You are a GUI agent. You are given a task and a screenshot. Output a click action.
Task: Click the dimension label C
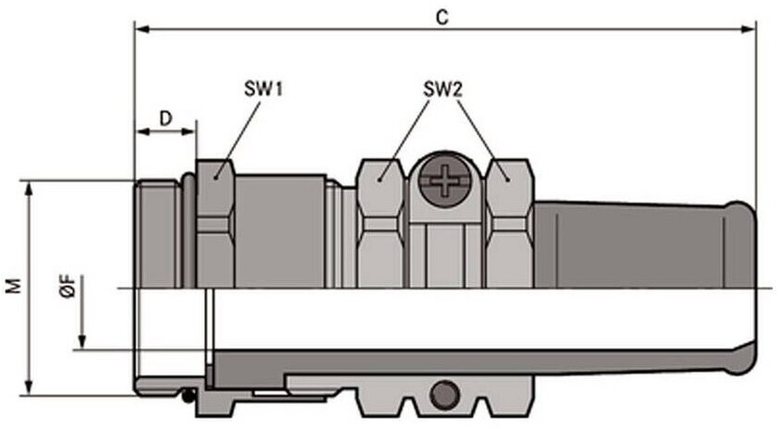tap(442, 18)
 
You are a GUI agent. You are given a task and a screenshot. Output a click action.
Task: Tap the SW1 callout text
tap(263, 90)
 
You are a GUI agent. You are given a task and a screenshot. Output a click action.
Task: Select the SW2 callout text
tap(443, 90)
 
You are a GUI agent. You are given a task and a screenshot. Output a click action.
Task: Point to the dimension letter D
tap(165, 118)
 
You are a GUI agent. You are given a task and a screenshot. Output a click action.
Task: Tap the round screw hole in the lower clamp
tap(444, 394)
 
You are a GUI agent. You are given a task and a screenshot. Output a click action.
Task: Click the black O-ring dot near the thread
tap(188, 396)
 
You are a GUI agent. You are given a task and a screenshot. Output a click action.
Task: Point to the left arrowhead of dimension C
tap(143, 30)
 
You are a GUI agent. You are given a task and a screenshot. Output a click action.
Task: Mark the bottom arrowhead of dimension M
tap(30, 388)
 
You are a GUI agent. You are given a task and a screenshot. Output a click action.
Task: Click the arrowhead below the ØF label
tap(82, 341)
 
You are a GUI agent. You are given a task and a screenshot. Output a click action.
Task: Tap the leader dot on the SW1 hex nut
tap(216, 177)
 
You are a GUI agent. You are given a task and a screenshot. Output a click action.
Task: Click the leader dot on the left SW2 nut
tap(379, 179)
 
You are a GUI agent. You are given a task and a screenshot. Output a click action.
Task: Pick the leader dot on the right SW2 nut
tap(507, 179)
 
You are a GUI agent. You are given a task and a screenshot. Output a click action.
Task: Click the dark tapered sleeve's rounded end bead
tap(743, 288)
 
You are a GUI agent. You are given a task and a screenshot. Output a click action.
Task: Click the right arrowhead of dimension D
tap(188, 131)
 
